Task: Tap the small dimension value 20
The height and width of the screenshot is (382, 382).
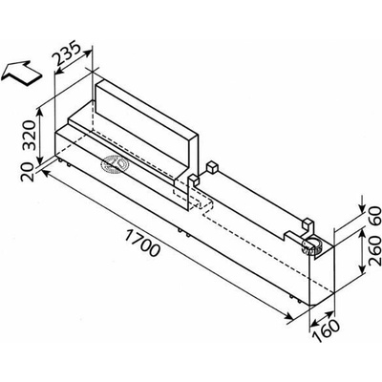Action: [x=28, y=172]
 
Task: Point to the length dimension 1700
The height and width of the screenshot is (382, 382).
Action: [x=141, y=243]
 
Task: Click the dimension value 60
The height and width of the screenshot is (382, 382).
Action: [x=374, y=215]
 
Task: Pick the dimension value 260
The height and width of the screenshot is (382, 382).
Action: [x=374, y=250]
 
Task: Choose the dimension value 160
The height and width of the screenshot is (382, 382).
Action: [x=326, y=330]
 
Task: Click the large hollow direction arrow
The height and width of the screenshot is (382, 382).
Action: [x=22, y=73]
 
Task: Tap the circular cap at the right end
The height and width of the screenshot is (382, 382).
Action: [x=312, y=247]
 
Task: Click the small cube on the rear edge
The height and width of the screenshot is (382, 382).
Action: [x=211, y=167]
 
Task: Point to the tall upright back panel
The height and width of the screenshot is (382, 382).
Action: [x=147, y=127]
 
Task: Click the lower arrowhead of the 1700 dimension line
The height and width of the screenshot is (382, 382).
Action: [x=288, y=317]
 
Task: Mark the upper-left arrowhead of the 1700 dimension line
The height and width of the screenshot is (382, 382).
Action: [x=46, y=173]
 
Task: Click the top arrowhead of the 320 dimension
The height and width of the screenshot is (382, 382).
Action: [x=40, y=113]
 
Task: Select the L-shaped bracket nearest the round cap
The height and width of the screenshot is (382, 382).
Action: [x=308, y=226]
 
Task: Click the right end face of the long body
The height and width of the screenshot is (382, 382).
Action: [x=322, y=274]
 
